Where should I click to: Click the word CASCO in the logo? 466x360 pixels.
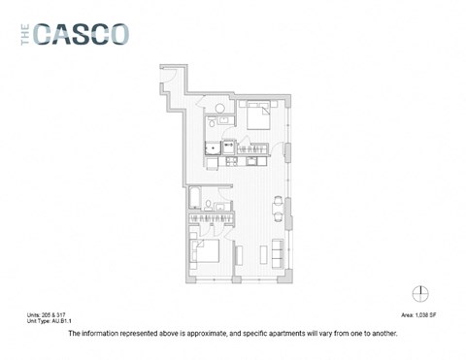click(x=82, y=35)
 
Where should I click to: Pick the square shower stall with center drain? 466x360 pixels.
click(x=212, y=149)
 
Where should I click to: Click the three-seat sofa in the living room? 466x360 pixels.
click(x=281, y=249)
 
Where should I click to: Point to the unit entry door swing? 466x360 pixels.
click(x=168, y=79)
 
